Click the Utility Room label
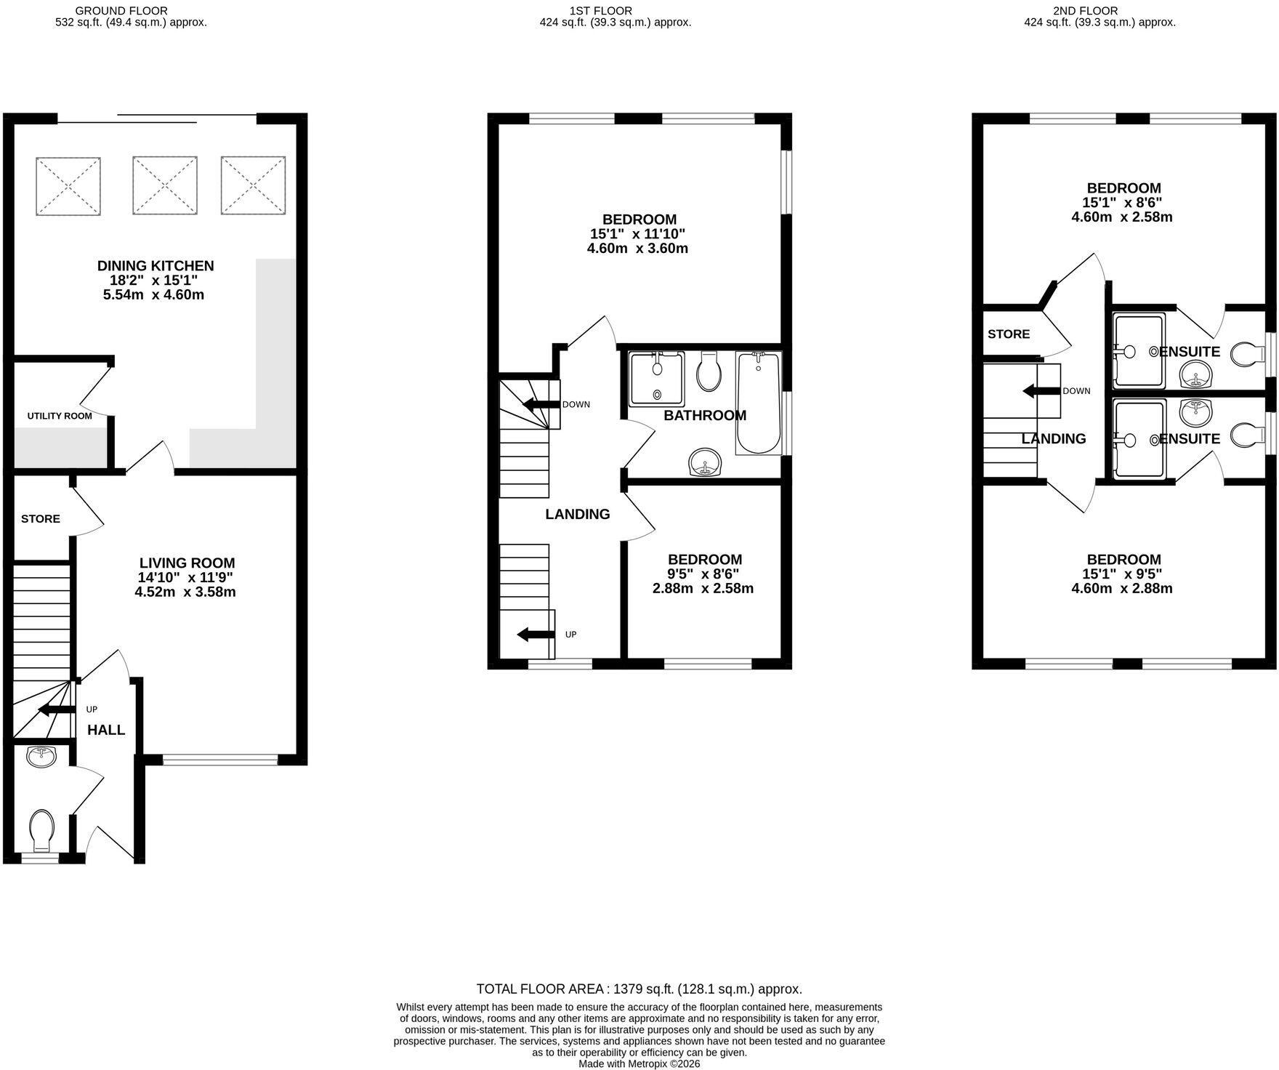60,416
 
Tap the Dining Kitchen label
156,266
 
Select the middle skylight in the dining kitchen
165,185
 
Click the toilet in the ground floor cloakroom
41,831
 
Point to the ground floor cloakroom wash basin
41,757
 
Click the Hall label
106,730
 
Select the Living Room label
187,563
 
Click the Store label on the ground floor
41,519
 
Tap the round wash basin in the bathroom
704,462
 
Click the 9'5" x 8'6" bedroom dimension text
704,574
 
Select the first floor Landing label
578,515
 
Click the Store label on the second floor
1009,334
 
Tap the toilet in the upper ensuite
1248,354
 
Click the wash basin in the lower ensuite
1195,413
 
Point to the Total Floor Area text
639,989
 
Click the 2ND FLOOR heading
1084,11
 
